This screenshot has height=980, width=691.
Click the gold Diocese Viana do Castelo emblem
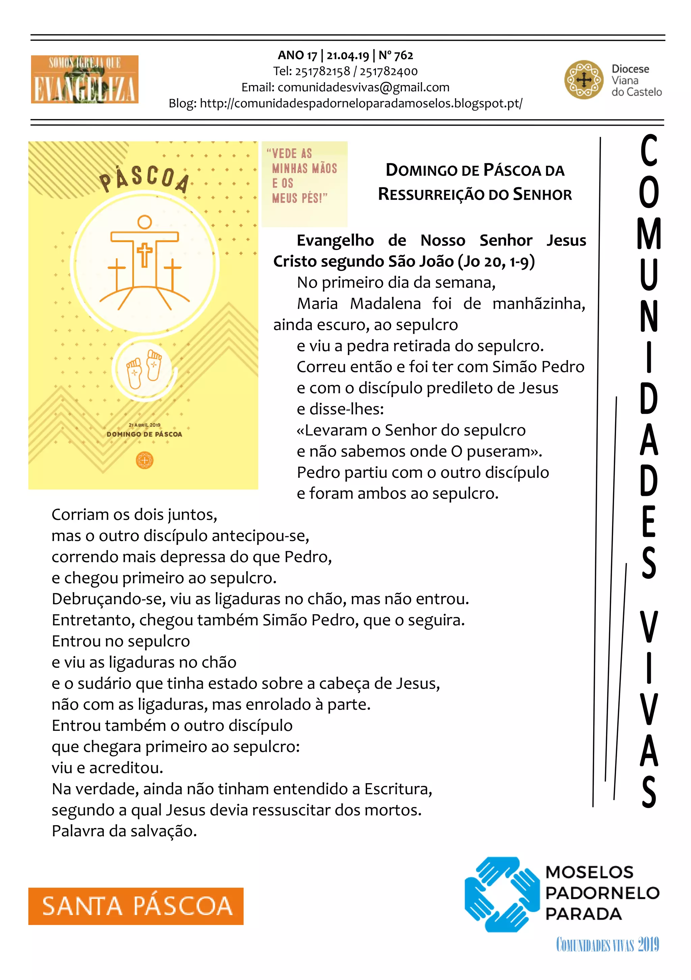click(583, 80)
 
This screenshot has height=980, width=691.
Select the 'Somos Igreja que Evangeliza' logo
click(85, 79)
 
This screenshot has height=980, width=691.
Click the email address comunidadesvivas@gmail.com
click(363, 88)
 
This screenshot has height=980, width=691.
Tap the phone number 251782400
click(389, 71)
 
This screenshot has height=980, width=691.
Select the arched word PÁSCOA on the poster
click(144, 178)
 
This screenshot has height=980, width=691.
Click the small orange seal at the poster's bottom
click(144, 460)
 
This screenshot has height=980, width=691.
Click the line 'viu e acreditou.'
click(108, 768)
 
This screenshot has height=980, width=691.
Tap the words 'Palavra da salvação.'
click(124, 831)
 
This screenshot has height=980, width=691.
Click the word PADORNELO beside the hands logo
click(602, 893)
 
